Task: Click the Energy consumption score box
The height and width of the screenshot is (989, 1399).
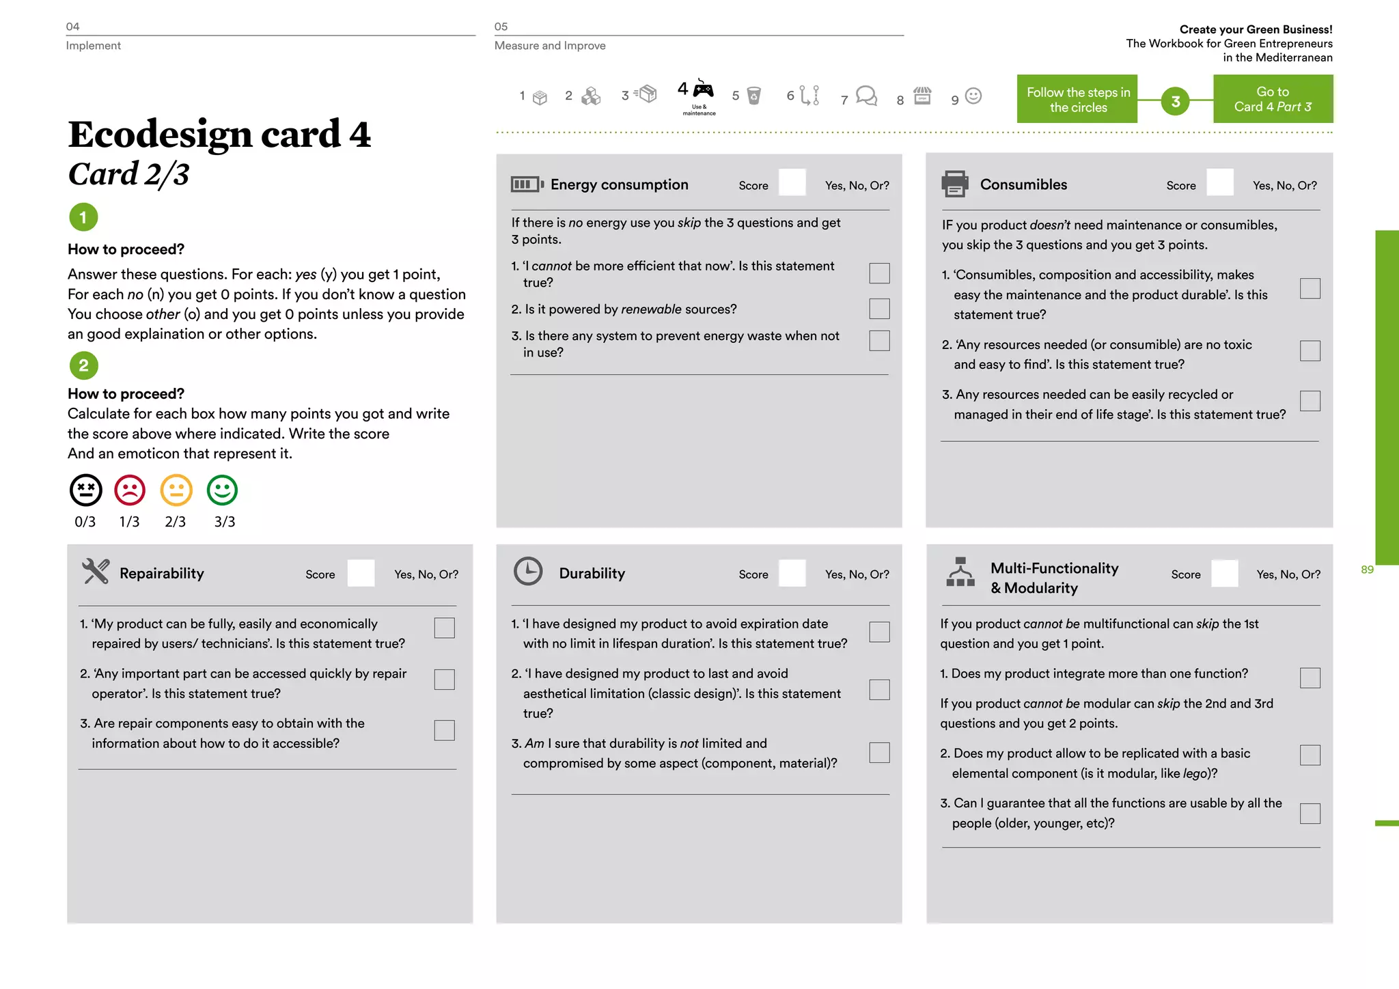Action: tap(792, 183)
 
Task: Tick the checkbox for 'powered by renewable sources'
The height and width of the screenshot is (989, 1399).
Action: tap(879, 309)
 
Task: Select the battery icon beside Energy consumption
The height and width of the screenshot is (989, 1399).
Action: tap(527, 184)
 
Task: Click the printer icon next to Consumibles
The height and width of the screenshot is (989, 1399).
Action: tap(954, 184)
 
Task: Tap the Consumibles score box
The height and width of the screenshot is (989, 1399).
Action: tap(1220, 183)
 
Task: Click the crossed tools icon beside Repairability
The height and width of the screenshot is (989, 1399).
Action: tap(96, 572)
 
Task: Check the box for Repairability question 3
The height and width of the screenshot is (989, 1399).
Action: tap(444, 730)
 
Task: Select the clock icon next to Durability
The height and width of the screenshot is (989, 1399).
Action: tap(528, 572)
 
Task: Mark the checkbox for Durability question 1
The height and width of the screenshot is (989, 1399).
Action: tap(879, 632)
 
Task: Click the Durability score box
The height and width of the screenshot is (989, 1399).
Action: tap(792, 573)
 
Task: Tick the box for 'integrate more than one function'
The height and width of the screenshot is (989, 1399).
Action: tap(1310, 678)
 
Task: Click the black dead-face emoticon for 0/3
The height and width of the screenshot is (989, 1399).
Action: tap(85, 490)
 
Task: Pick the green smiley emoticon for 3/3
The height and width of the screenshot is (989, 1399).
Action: tap(222, 490)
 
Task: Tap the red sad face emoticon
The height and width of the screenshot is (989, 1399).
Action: tap(130, 490)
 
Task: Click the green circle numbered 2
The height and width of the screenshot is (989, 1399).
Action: tap(83, 365)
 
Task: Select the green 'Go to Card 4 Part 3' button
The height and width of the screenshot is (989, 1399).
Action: tap(1273, 99)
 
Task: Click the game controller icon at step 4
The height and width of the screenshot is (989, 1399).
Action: tap(703, 89)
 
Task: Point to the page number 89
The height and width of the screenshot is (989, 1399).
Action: tap(1366, 570)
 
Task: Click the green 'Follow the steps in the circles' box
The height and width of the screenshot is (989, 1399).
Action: tap(1077, 100)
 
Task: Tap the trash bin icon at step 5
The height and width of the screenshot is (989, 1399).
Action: tap(753, 96)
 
